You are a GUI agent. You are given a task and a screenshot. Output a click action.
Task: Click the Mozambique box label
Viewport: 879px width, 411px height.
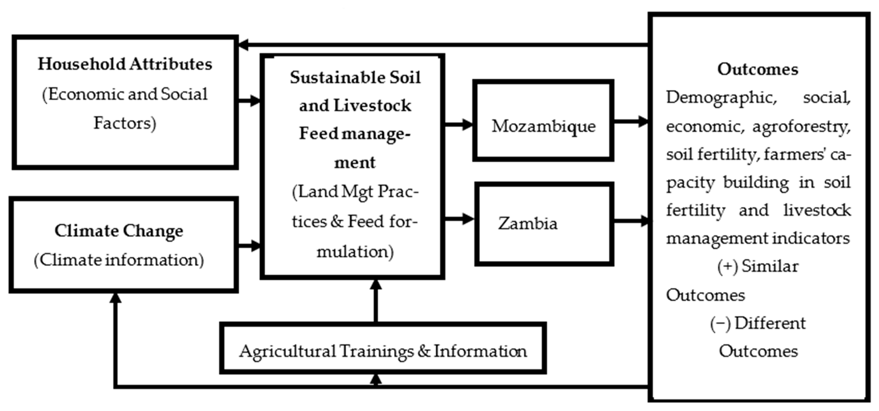point(543,126)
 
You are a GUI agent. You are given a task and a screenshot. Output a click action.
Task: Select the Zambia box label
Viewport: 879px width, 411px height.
point(528,224)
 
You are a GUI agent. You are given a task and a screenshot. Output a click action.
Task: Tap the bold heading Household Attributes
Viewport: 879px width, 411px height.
point(125,64)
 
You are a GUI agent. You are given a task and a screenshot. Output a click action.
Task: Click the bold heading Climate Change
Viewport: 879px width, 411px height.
point(119,231)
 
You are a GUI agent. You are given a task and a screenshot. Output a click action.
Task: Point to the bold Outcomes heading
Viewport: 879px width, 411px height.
point(757,69)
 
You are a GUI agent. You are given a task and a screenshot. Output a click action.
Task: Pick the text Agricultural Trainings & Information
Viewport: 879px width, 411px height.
point(383,351)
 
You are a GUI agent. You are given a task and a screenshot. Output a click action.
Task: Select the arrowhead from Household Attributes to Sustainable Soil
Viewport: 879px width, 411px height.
point(255,101)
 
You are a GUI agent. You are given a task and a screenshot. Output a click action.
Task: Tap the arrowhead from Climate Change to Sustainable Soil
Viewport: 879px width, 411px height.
point(255,245)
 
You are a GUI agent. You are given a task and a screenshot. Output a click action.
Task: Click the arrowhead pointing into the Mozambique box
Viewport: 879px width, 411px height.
point(467,124)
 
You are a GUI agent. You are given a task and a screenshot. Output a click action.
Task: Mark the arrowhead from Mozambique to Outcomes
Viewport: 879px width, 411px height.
point(643,121)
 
